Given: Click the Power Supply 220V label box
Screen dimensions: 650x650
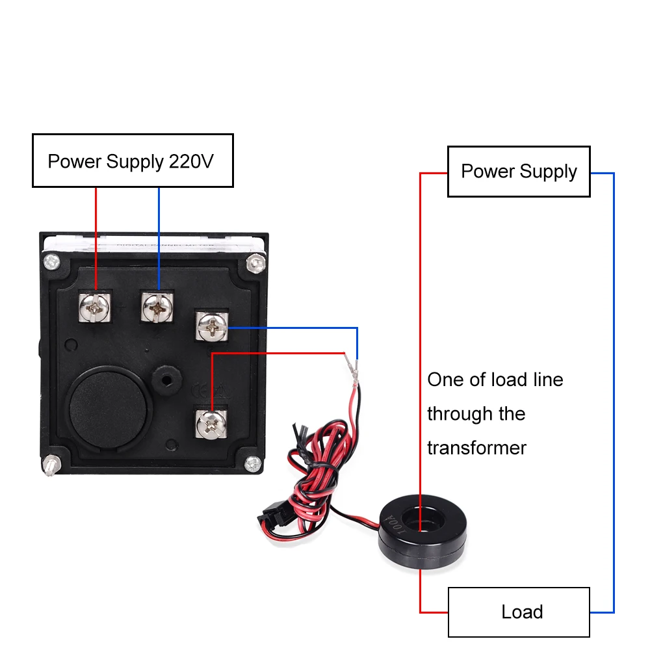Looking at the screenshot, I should tap(133, 161).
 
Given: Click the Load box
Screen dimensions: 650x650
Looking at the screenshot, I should tap(519, 612).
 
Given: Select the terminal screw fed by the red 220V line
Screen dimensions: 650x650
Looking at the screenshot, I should tap(95, 306).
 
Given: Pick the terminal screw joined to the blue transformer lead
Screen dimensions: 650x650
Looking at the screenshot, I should tap(212, 326).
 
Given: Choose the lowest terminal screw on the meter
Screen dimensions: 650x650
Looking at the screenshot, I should tap(211, 422).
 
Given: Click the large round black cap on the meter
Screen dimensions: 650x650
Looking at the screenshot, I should tap(109, 403).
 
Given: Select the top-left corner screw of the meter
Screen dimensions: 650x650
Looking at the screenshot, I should tap(50, 263).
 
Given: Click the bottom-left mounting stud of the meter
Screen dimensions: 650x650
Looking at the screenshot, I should tap(49, 467).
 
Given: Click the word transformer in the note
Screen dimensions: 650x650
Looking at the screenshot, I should tap(476, 448).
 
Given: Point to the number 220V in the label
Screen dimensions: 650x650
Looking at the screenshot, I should tap(190, 161).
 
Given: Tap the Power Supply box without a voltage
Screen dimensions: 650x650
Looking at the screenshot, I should tap(519, 172).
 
